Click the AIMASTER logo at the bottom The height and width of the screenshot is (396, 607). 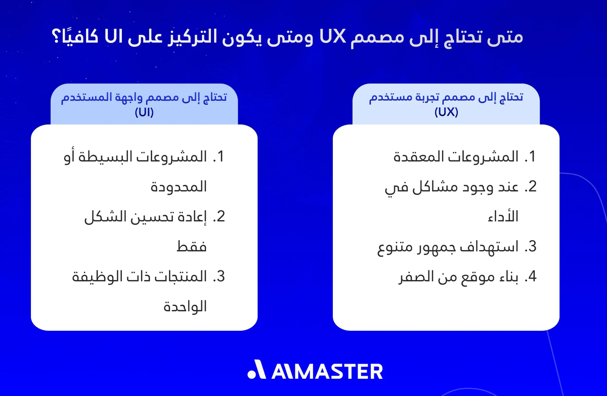[x=315, y=371]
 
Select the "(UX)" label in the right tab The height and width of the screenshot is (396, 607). [x=446, y=113]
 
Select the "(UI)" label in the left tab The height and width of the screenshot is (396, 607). [x=144, y=113]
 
